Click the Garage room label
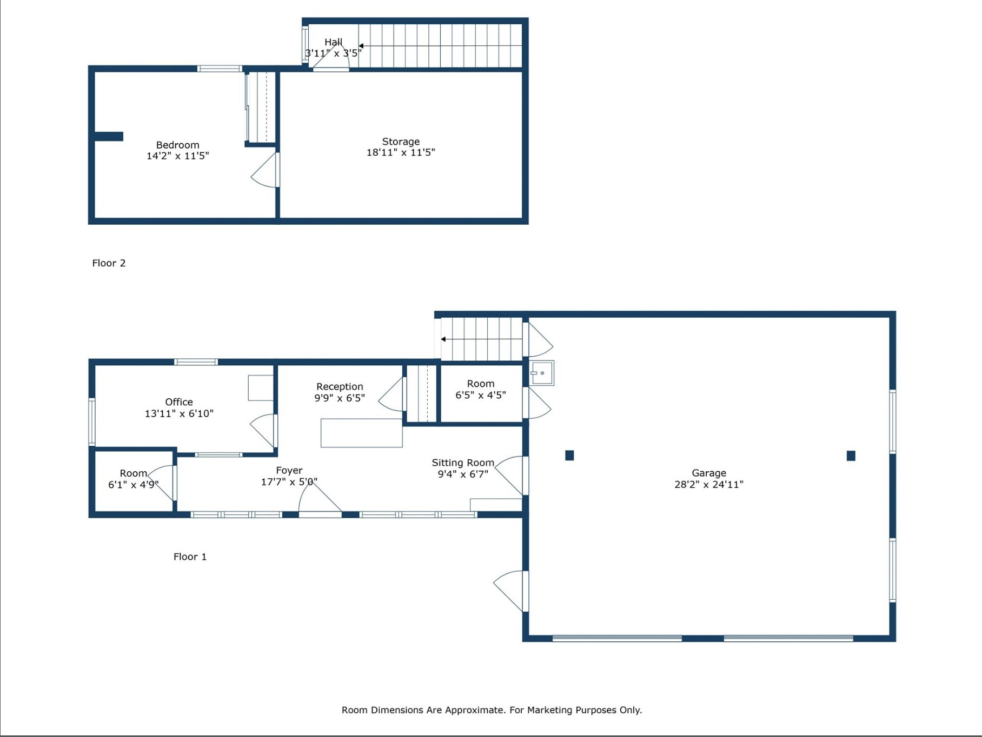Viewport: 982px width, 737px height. pos(708,473)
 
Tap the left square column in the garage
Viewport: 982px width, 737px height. pos(569,455)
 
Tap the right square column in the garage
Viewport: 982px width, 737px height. pos(851,456)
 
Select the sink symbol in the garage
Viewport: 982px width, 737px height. pos(541,373)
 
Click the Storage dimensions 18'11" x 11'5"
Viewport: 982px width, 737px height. pos(401,153)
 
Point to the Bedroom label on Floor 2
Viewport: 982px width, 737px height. pos(177,145)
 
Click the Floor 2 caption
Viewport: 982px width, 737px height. pos(109,263)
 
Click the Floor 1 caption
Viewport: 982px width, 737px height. pos(190,557)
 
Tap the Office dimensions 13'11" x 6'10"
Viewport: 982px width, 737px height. pos(179,414)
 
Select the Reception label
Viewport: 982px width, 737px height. pos(340,386)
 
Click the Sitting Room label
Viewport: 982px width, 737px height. pos(463,463)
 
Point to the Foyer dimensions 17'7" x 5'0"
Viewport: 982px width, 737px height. pos(289,482)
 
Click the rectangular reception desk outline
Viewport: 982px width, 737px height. pos(361,433)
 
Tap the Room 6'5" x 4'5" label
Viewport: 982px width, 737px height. pos(481,384)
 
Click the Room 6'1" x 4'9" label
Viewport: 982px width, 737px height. pos(133,473)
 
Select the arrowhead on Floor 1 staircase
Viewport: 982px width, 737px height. pos(443,339)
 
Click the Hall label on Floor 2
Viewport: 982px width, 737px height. pos(333,42)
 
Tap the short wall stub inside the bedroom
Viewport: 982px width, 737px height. pos(109,137)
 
